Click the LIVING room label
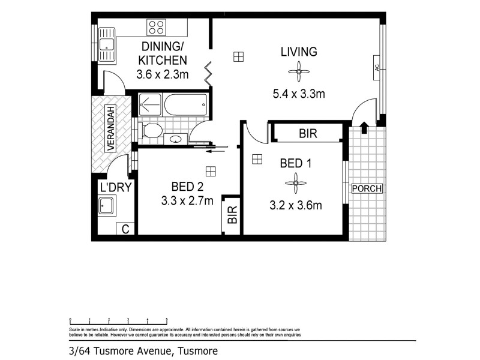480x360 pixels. (x=299, y=52)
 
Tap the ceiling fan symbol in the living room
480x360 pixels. (x=298, y=73)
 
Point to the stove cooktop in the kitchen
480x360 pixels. (x=156, y=28)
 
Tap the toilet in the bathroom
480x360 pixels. (x=151, y=130)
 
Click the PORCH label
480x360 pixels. (x=367, y=188)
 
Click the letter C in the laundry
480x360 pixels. (x=125, y=229)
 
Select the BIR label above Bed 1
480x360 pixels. (x=307, y=133)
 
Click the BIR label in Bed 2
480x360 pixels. (x=232, y=214)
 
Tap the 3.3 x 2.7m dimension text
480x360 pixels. (x=187, y=201)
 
